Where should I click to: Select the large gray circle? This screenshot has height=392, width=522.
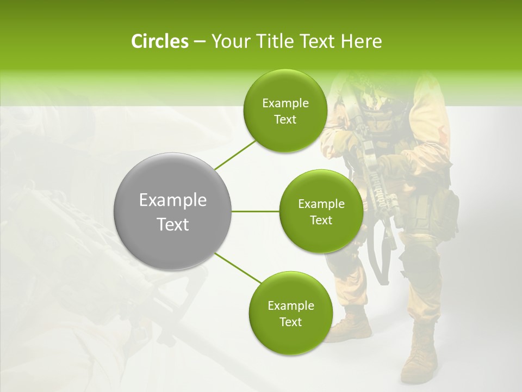coord(173,211)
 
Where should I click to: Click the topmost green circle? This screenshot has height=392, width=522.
coord(285,111)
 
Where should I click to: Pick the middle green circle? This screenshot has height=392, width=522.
coord(321,211)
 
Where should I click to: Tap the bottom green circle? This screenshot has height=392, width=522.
coord(290,313)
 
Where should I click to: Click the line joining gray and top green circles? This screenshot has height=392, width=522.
coord(235,155)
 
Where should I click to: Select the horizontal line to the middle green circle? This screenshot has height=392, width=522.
coord(256,211)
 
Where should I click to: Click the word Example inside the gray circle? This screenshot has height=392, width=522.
coord(173,200)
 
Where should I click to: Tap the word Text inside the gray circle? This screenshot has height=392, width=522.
coord(173,224)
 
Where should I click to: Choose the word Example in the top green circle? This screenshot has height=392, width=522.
coord(285,103)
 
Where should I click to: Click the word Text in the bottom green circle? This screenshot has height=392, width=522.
coord(290,322)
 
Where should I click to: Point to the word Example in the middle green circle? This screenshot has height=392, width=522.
coord(321,204)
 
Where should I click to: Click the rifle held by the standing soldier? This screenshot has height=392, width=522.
coord(375,180)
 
